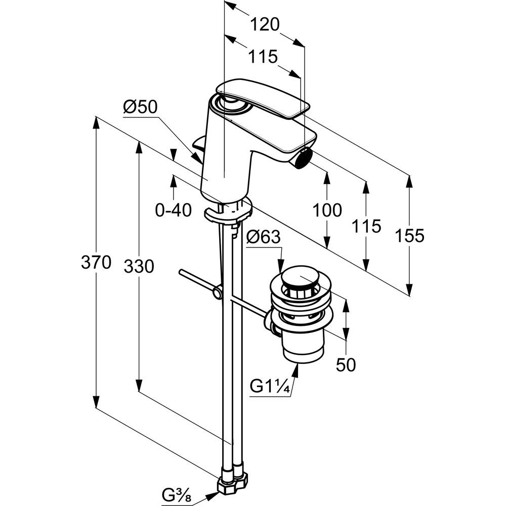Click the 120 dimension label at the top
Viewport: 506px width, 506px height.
(265, 24)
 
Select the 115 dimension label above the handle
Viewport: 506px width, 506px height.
(263, 57)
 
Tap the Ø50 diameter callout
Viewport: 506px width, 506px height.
(141, 107)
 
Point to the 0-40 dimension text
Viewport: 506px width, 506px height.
(174, 209)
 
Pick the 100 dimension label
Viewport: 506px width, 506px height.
(327, 210)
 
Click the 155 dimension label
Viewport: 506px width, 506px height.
(410, 235)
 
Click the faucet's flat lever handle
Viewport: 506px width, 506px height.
(263, 99)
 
